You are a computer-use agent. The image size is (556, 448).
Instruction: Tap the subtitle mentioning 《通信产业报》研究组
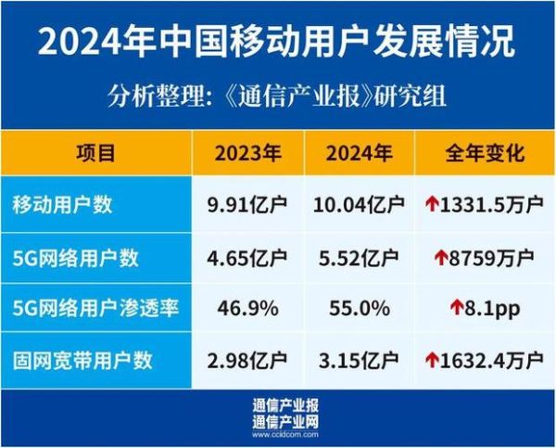pyautogui.click(x=278, y=96)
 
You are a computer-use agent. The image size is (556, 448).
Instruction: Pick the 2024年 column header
pyautogui.click(x=356, y=153)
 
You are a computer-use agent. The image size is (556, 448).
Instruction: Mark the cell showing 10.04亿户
pyautogui.click(x=356, y=205)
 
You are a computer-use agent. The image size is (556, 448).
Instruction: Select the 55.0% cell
pyautogui.click(x=356, y=308)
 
